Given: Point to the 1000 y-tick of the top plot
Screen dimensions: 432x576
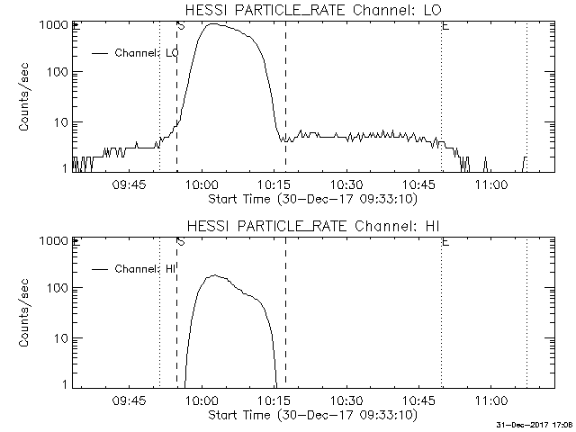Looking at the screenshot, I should click(53, 25).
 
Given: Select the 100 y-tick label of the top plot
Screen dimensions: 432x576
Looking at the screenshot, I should click(57, 73).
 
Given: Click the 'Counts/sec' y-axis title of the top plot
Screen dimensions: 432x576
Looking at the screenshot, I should click(26, 97).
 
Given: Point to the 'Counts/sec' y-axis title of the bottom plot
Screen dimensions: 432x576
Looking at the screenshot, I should click(26, 313).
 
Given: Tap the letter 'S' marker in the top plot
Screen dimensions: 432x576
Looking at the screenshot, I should click(181, 27).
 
